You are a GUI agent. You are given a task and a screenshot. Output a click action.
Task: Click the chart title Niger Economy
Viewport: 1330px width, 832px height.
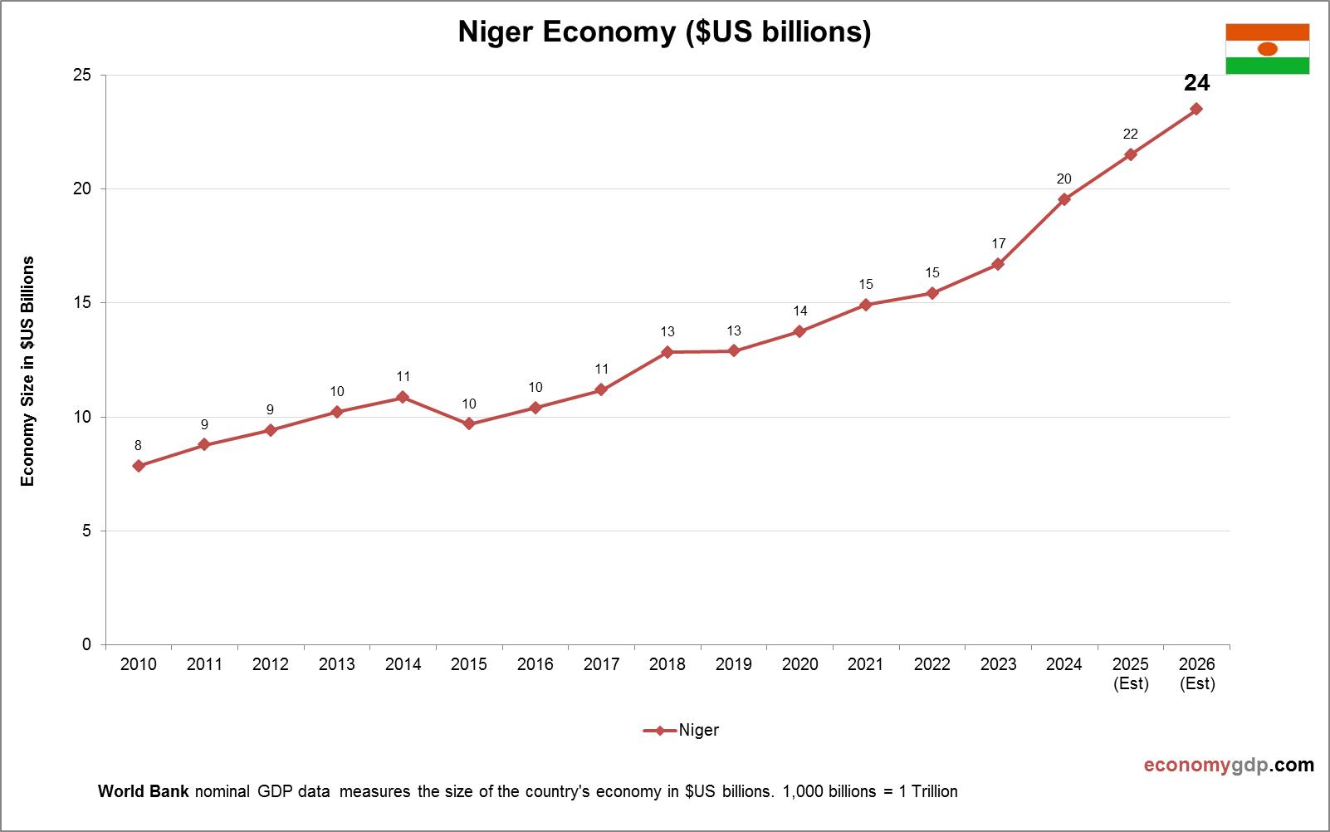(x=664, y=32)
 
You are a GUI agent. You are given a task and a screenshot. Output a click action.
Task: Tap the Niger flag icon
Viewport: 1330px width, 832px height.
(x=1267, y=49)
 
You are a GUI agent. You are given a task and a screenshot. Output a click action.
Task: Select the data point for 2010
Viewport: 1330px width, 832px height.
(x=139, y=466)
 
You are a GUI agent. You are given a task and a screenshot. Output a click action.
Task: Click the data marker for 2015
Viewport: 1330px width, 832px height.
(x=469, y=423)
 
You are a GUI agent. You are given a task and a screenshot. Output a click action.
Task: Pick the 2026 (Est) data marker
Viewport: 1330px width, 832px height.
(x=1196, y=109)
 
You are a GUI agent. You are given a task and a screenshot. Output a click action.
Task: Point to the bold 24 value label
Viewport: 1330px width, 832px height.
(x=1196, y=83)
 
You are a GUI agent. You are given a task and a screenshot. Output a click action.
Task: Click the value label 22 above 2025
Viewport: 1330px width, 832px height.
(x=1130, y=134)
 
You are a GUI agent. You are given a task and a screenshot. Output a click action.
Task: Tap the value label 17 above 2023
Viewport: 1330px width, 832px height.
(x=998, y=243)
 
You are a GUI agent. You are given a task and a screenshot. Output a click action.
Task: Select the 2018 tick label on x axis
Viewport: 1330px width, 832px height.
(x=667, y=664)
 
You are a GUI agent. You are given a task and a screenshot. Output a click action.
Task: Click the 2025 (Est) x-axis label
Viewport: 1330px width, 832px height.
(x=1130, y=673)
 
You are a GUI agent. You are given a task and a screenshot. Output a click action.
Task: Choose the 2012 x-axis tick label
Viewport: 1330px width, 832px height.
(x=270, y=664)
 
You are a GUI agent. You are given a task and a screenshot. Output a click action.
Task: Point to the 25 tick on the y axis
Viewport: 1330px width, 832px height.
(x=82, y=76)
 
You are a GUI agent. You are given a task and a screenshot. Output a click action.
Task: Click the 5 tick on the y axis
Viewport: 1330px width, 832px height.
(x=86, y=531)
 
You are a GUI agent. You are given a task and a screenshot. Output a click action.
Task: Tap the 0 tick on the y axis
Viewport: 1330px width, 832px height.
(x=86, y=644)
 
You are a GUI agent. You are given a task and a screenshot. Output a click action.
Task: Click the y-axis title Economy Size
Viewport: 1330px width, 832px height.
(x=28, y=370)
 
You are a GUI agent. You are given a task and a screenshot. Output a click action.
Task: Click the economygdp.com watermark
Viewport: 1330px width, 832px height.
(x=1229, y=765)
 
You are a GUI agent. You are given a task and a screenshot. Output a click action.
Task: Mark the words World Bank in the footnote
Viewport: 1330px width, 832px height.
(x=143, y=791)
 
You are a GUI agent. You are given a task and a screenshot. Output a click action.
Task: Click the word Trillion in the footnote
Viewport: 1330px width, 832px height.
(x=934, y=791)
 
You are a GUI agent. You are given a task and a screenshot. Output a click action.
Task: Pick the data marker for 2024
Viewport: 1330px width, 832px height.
(x=1064, y=199)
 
